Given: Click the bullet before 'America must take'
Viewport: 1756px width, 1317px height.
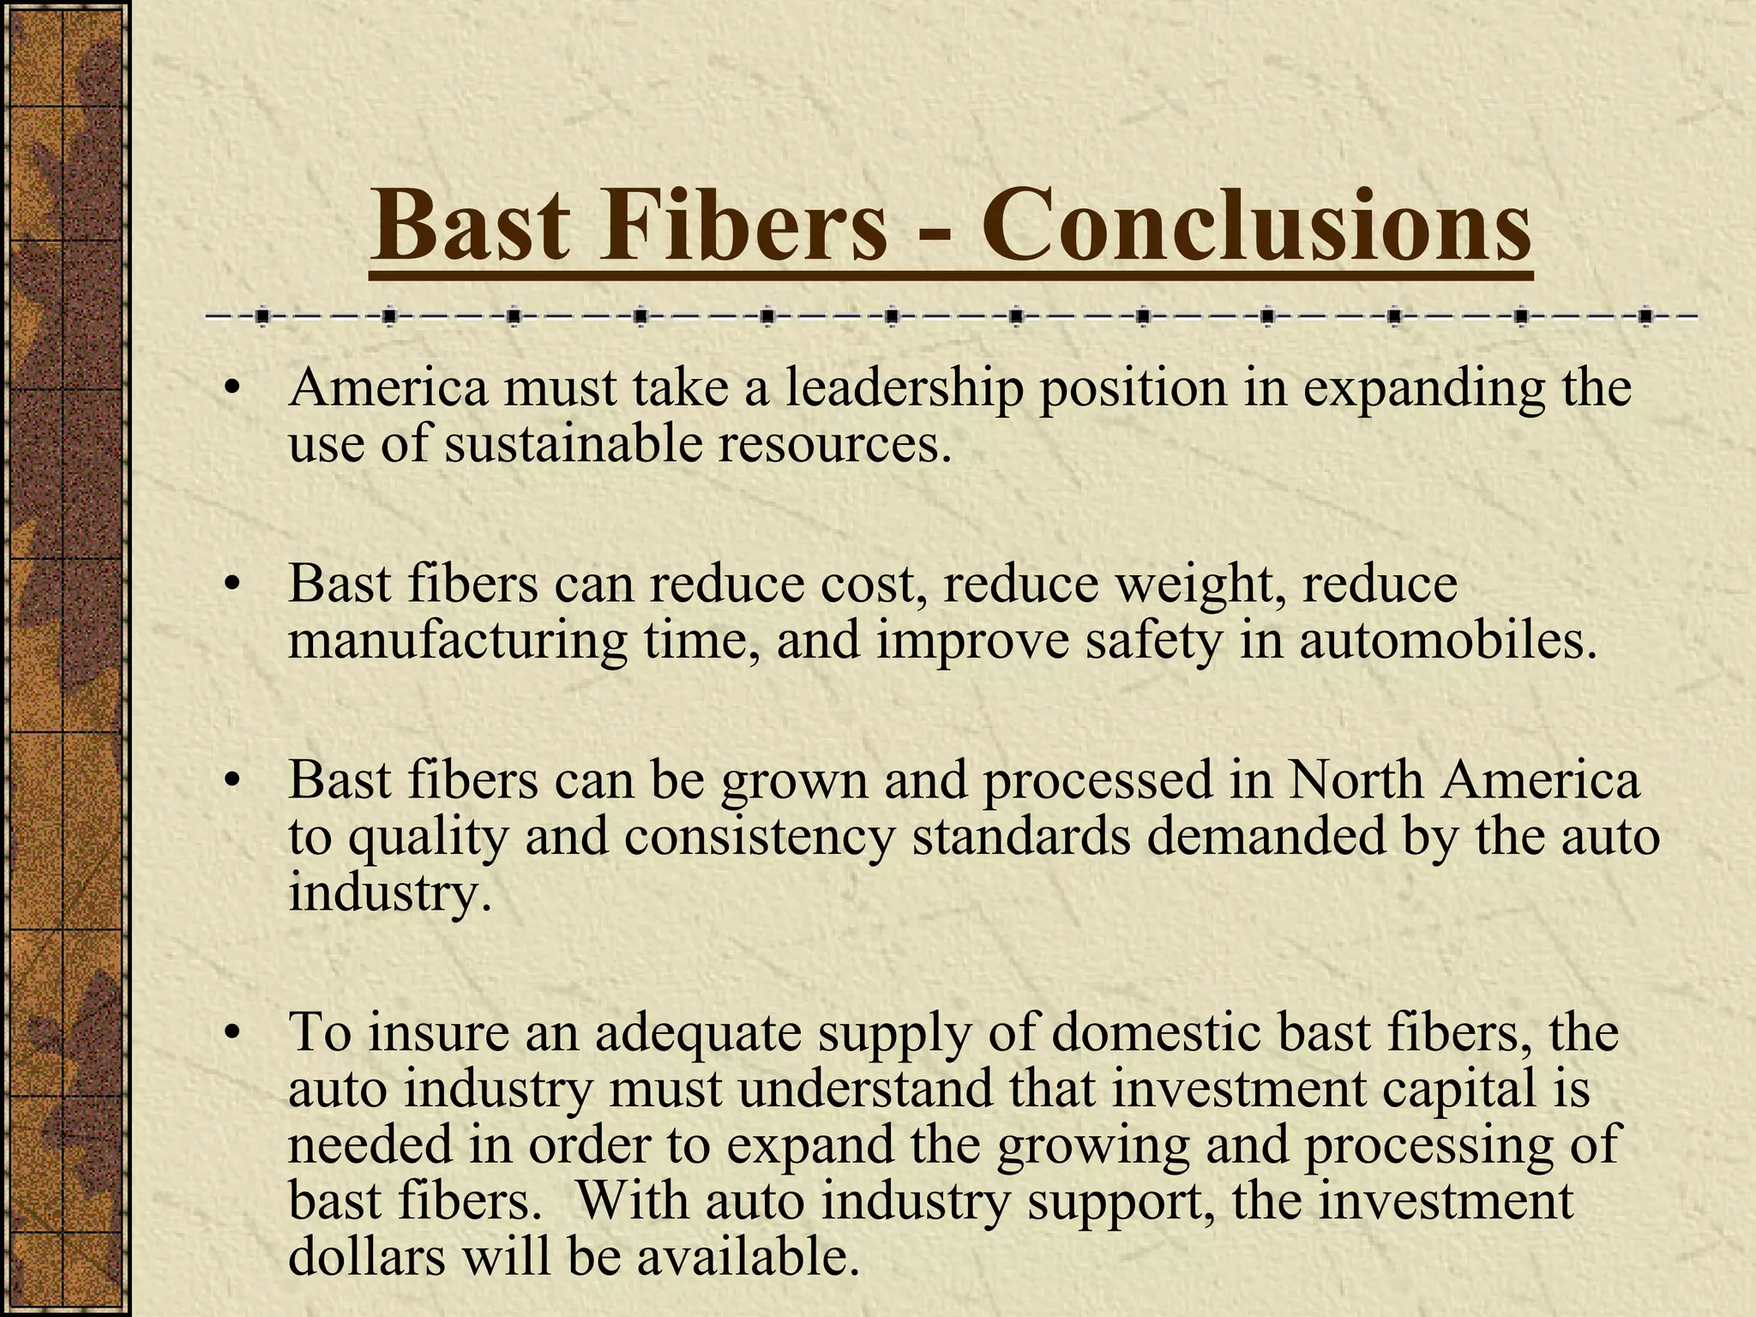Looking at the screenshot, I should tap(229, 390).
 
